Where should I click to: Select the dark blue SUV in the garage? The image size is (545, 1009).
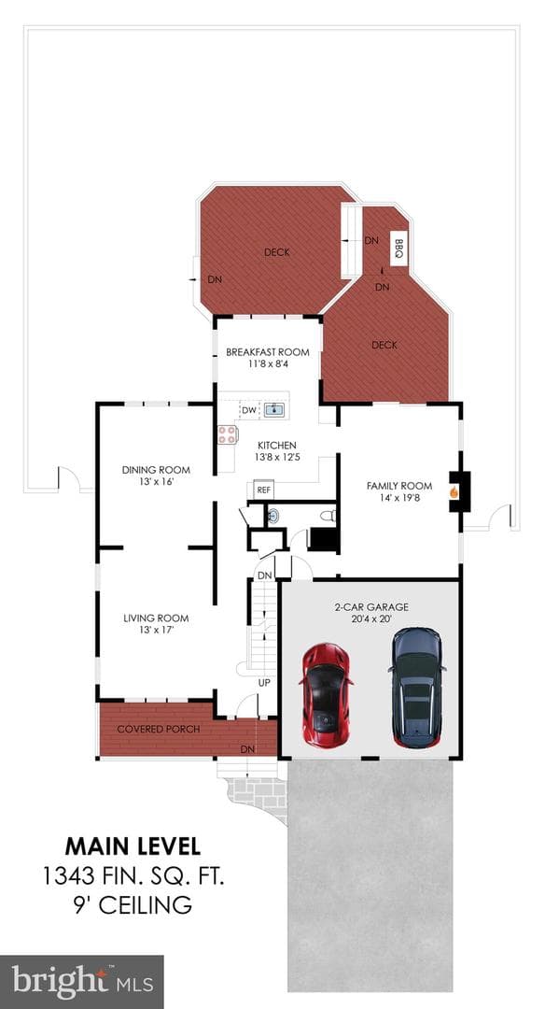click(x=416, y=687)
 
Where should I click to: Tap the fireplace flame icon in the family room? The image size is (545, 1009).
click(x=454, y=492)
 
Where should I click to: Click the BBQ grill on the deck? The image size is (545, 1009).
click(x=399, y=249)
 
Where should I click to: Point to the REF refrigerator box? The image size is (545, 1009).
click(x=263, y=490)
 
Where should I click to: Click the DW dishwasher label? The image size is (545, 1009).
click(x=249, y=410)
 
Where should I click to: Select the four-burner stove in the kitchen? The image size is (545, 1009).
click(x=226, y=435)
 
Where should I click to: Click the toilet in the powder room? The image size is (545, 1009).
click(x=328, y=515)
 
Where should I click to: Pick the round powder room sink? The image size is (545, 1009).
click(x=273, y=515)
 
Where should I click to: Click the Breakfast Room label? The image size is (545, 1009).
click(x=267, y=352)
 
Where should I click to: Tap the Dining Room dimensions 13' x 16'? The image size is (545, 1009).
click(x=156, y=481)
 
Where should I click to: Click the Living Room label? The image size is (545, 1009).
click(x=156, y=618)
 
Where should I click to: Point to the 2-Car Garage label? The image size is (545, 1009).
click(x=371, y=607)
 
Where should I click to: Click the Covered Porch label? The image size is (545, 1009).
click(x=158, y=729)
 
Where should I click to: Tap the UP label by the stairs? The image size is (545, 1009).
click(x=264, y=682)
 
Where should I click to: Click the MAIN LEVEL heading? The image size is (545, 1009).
click(x=133, y=846)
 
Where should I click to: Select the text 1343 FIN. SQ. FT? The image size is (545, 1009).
click(x=133, y=875)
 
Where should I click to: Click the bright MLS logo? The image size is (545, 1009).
click(x=81, y=982)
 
